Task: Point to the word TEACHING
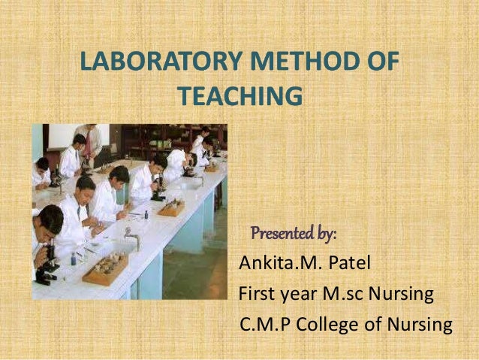pos(243,97)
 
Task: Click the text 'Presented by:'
pos(294,234)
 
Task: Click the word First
pos(256,294)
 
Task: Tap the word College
pos(330,325)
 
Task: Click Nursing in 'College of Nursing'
pos(420,325)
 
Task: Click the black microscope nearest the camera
pos(46,267)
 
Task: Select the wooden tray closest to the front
pos(105,268)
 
